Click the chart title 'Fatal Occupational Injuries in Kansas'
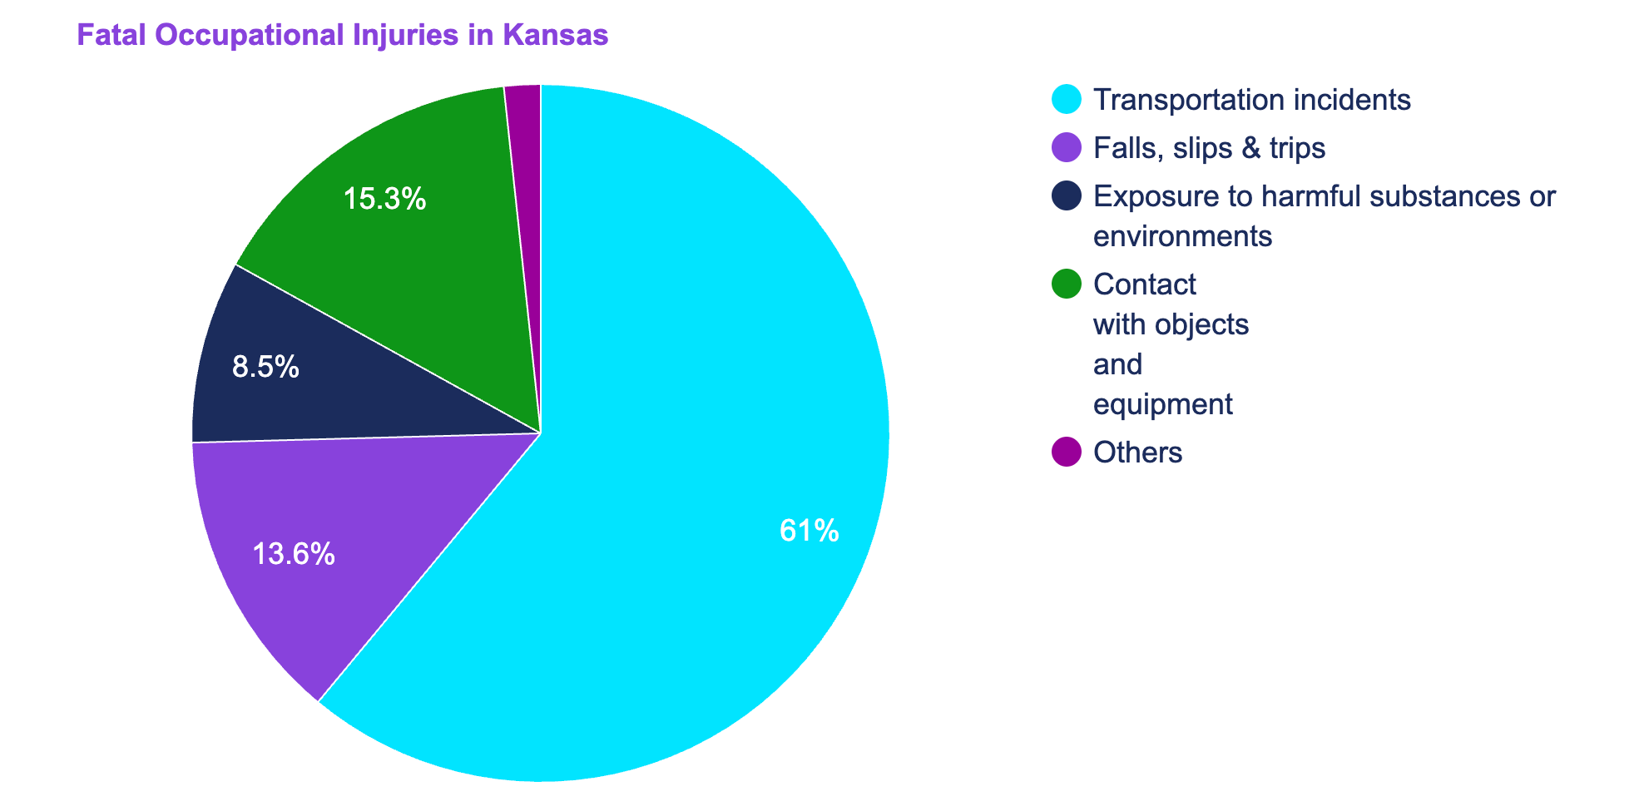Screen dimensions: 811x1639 [x=342, y=36]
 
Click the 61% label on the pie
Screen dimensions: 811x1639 [x=809, y=532]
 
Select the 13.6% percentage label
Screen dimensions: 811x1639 [x=294, y=554]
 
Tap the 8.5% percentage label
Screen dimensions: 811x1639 [x=265, y=368]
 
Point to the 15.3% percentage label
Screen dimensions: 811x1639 [x=385, y=199]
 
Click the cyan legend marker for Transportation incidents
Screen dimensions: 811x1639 [x=1067, y=100]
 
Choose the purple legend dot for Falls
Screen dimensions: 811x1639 [x=1067, y=148]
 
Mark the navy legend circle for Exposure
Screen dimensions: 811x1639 [x=1067, y=196]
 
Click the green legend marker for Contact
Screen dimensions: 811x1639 [x=1067, y=284]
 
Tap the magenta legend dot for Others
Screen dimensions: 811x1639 [x=1067, y=452]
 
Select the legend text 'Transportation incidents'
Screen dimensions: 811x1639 [x=1252, y=100]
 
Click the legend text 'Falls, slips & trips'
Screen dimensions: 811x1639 [x=1209, y=148]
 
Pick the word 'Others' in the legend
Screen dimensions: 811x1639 [x=1137, y=452]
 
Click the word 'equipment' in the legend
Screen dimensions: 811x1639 [x=1162, y=405]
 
